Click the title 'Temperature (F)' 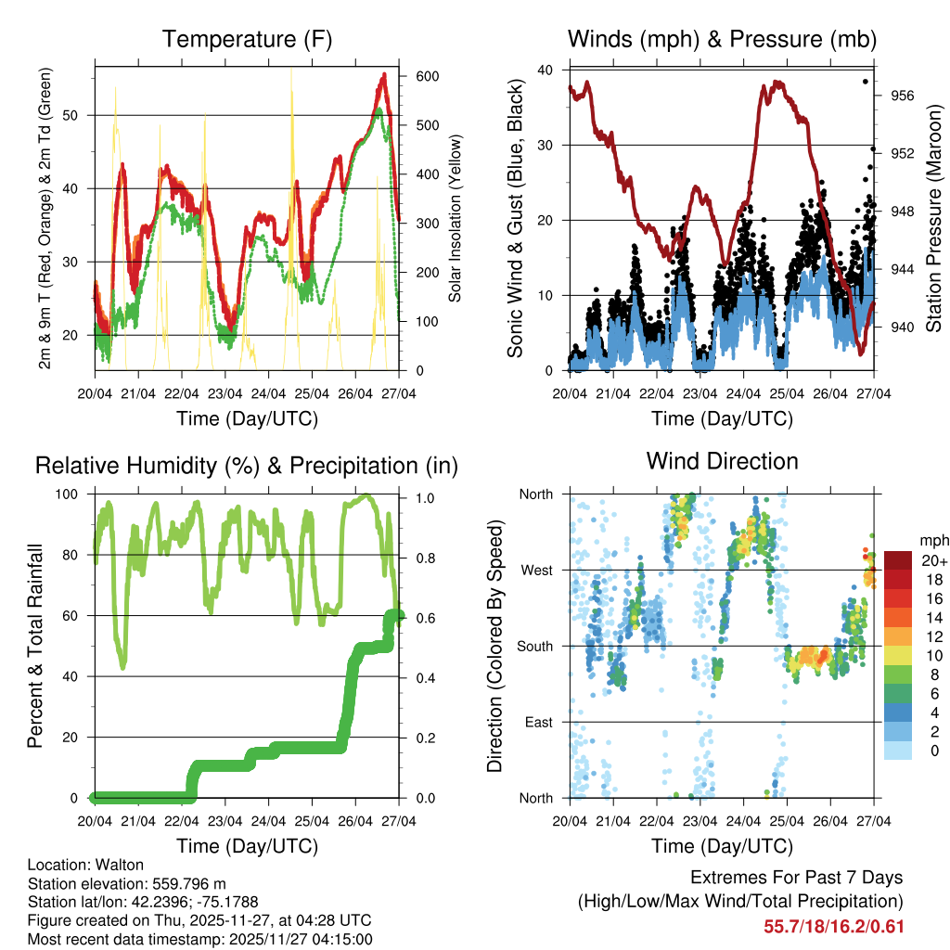point(247,39)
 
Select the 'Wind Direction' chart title point(722,461)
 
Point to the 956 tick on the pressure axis point(892,96)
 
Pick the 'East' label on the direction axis point(537,722)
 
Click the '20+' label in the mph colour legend point(934,560)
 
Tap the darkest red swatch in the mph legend point(899,560)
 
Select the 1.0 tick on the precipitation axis point(424,497)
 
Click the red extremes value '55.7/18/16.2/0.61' point(833,927)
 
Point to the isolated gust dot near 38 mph point(865,82)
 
